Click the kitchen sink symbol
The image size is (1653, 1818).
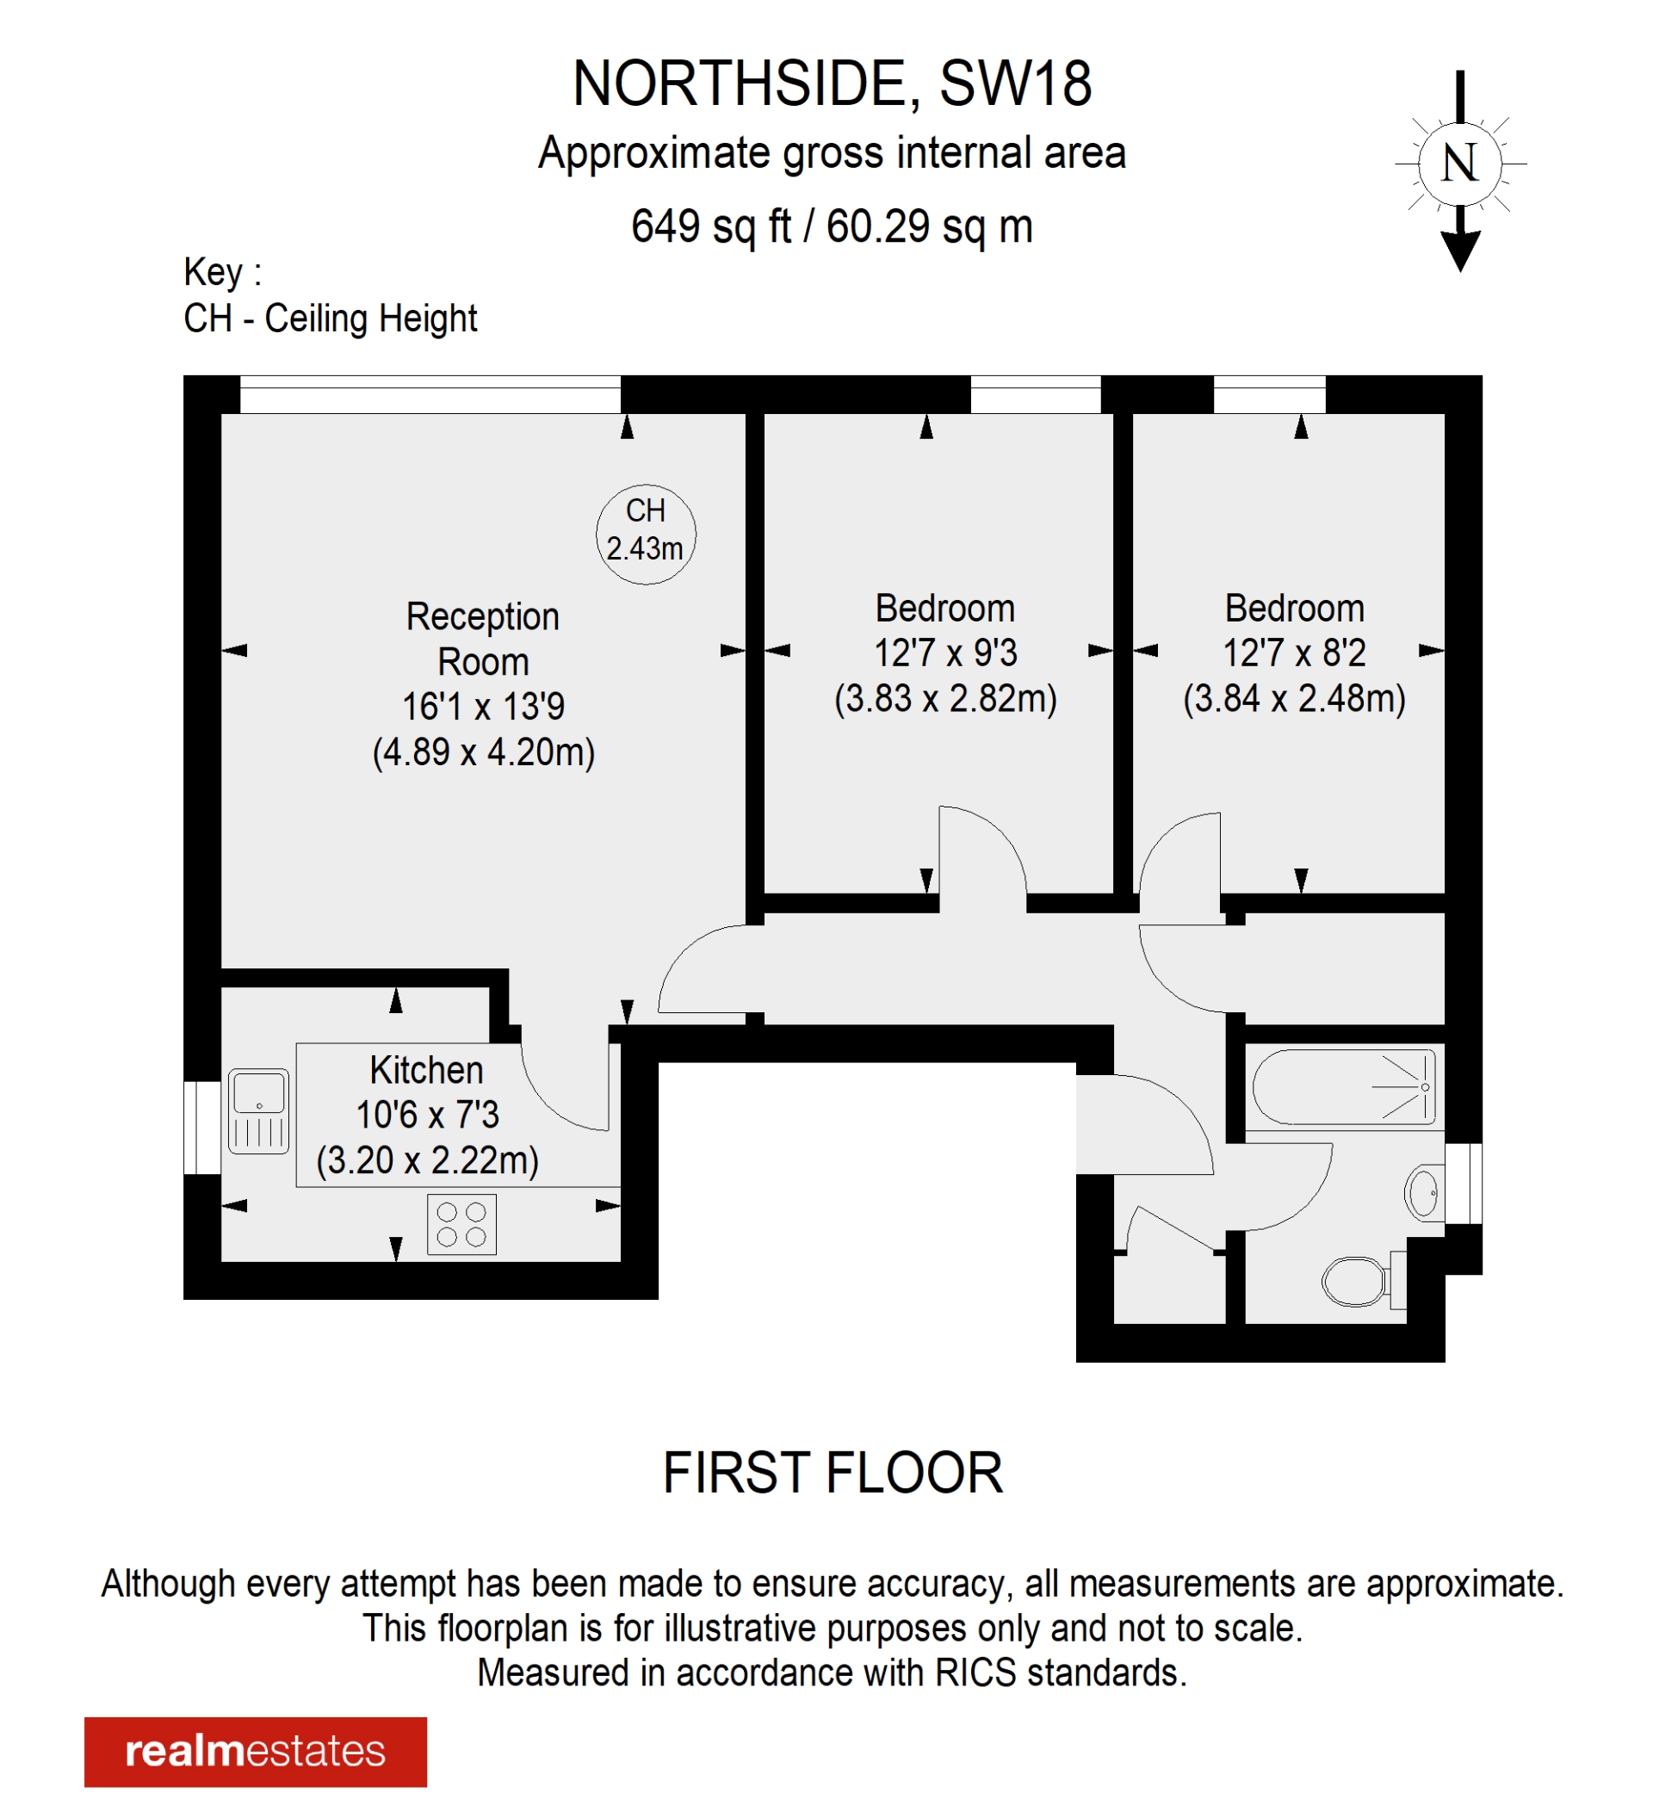(x=259, y=1111)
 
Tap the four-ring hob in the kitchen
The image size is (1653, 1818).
(x=461, y=1225)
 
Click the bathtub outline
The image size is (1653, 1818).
(x=1343, y=1086)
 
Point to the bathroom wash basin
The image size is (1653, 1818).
(x=1424, y=1193)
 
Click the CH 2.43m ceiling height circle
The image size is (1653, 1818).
(x=646, y=534)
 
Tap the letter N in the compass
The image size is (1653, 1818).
(x=1459, y=164)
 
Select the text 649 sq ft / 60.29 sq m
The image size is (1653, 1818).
(x=832, y=226)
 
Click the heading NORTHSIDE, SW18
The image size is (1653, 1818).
(x=832, y=83)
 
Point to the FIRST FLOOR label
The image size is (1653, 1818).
(x=833, y=1473)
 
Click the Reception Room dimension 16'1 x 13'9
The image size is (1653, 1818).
(x=483, y=707)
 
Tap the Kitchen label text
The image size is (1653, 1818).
(x=426, y=1071)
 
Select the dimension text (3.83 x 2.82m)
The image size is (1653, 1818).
(x=945, y=699)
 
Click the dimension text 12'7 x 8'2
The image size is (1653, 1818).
(x=1294, y=652)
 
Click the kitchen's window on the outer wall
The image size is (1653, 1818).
(x=202, y=1129)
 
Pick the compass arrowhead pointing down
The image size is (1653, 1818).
(x=1460, y=250)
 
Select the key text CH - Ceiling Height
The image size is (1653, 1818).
(x=330, y=318)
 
